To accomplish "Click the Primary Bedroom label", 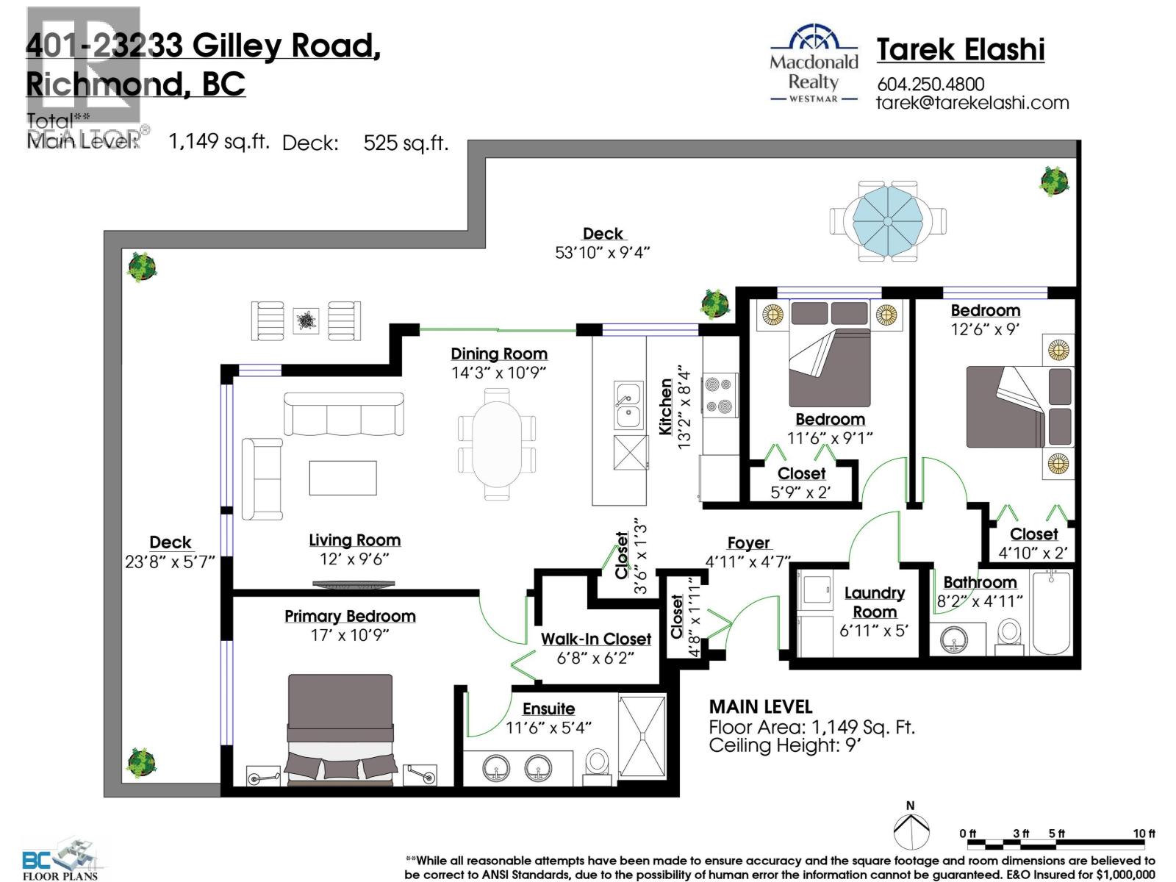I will click(350, 616).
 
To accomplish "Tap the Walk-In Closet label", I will click(595, 639).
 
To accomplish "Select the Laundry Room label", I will click(874, 602).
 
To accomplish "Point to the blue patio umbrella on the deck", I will click(888, 220).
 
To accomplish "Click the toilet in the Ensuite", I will click(598, 767).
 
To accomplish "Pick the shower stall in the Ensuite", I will click(642, 735).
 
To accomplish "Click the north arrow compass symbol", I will click(911, 829).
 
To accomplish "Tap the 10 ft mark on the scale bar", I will click(1144, 833).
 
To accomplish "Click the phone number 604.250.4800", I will click(931, 84).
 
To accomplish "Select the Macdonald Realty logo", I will click(814, 65).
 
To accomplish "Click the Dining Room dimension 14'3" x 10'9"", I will click(498, 373).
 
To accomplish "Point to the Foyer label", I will click(748, 542).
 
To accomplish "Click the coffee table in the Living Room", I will click(343, 478).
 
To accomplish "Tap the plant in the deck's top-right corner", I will click(1054, 180).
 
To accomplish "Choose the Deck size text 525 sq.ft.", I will click(405, 142).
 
